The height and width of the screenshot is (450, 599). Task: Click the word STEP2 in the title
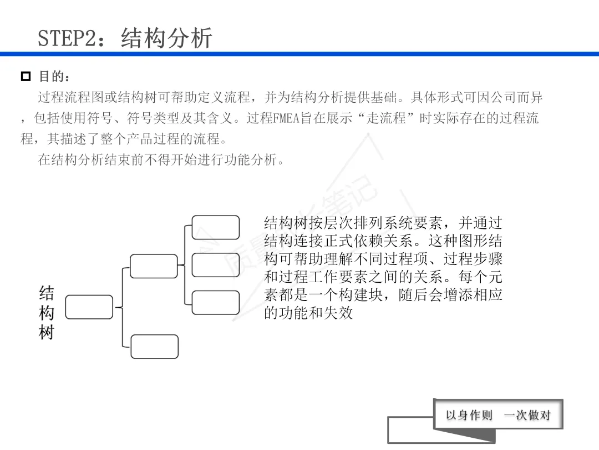[x=62, y=38]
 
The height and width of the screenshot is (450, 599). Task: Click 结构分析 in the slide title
[x=167, y=38]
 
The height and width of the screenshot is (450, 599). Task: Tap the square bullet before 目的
[x=26, y=76]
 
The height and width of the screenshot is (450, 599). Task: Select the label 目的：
[x=55, y=76]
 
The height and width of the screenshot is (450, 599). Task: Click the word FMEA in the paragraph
[x=287, y=118]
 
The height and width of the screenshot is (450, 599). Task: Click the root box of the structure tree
[x=89, y=307]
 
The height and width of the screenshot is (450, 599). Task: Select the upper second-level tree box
[x=154, y=266]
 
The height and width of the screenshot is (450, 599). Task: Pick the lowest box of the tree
[x=154, y=347]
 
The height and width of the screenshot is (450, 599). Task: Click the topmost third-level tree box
[x=216, y=227]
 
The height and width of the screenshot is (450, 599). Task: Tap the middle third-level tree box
[x=216, y=265]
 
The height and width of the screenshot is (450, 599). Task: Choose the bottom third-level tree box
[x=216, y=302]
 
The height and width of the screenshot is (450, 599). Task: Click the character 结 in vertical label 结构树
[x=47, y=293]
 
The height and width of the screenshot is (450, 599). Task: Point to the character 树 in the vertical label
[x=47, y=333]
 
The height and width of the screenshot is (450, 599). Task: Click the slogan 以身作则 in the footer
[x=469, y=415]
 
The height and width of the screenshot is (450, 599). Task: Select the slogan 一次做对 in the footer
[x=527, y=415]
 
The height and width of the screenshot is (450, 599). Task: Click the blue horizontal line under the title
[x=299, y=54]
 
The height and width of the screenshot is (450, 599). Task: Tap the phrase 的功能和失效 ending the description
[x=308, y=313]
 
